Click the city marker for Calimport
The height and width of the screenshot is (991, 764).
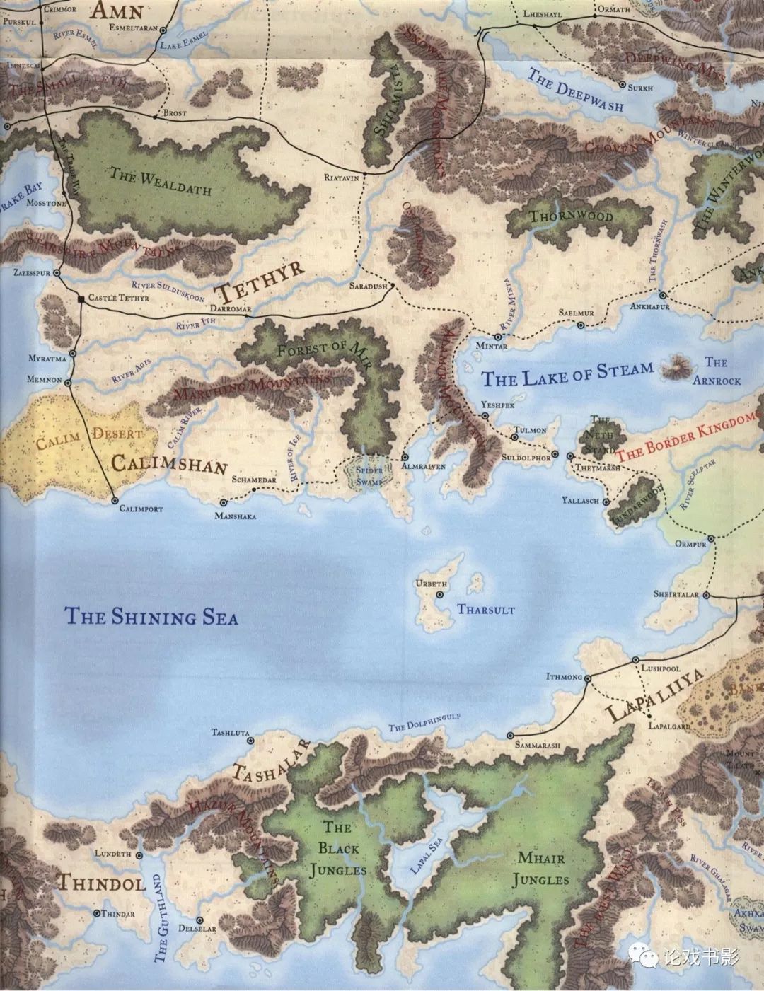click(115, 500)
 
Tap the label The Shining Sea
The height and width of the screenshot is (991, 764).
click(151, 616)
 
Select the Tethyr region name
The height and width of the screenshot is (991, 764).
click(260, 279)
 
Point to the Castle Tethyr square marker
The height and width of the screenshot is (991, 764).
click(81, 299)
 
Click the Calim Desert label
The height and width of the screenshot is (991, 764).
click(89, 439)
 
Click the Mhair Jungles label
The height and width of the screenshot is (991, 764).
click(541, 869)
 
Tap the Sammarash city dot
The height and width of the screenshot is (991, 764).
click(510, 736)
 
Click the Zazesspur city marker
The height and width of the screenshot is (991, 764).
click(57, 272)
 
